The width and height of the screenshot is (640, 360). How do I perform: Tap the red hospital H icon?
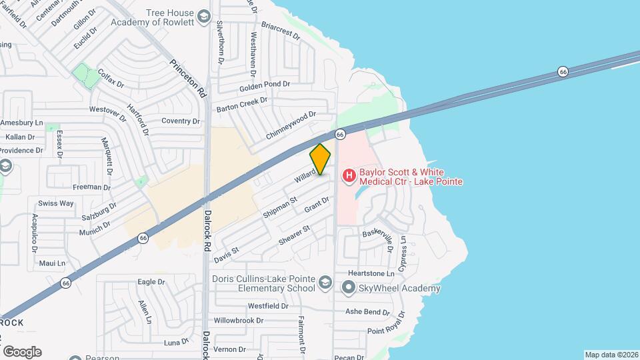pos(348,176)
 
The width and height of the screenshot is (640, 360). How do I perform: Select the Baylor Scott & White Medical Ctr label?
pos(411,176)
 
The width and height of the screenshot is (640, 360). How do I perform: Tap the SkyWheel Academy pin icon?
pos(348,287)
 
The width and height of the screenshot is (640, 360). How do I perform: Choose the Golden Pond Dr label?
pos(265,85)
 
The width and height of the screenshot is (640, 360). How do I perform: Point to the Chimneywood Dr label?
pos(290,125)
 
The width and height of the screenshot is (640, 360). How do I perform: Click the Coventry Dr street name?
pos(181,121)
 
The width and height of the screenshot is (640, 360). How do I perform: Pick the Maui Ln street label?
pos(52,263)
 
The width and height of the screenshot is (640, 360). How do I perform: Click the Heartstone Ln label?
pos(371,274)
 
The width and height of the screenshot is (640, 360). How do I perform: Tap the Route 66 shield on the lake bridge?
pos(563,71)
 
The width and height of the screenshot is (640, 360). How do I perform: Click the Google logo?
pos(22,352)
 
